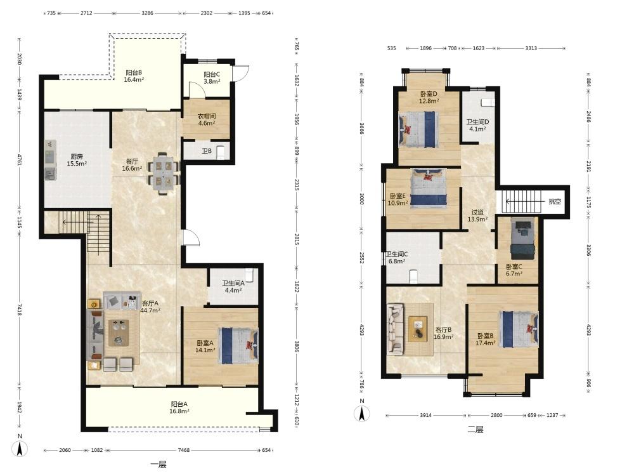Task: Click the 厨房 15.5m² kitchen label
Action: [77, 160]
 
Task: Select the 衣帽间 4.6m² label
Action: [206, 119]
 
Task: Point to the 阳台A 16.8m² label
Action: [179, 407]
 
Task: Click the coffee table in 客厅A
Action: [119, 333]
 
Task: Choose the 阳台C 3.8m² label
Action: [212, 77]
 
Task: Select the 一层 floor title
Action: [158, 465]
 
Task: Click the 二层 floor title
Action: [475, 430]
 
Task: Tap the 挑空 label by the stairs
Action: [555, 201]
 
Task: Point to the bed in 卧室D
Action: [418, 129]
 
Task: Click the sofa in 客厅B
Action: [396, 329]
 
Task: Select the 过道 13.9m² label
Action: [477, 215]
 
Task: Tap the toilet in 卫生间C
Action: [413, 277]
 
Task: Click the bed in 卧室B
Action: [519, 329]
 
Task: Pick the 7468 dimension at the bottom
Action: [184, 450]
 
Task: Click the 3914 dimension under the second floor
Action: [426, 415]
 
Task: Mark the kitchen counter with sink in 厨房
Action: [50, 159]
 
